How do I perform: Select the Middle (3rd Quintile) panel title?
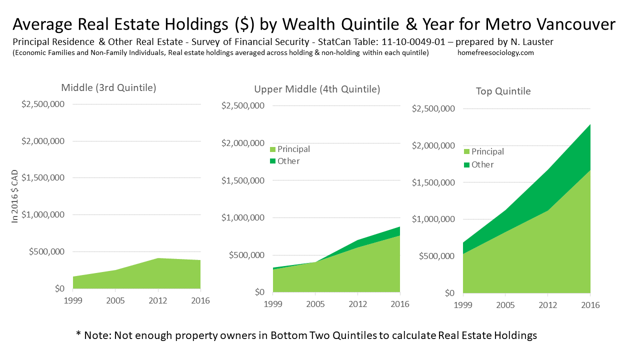[x=108, y=87]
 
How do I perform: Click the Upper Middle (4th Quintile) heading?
[x=317, y=89]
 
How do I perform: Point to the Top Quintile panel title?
[x=503, y=91]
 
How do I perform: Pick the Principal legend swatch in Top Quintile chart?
[x=466, y=151]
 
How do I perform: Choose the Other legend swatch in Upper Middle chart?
[x=272, y=161]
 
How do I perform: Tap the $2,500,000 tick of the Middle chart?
[x=43, y=104]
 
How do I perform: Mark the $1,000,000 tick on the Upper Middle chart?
[x=243, y=218]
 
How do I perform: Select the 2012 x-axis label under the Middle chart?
[x=158, y=300]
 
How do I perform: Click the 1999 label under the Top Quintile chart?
[x=463, y=304]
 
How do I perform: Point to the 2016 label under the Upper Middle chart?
[x=400, y=304]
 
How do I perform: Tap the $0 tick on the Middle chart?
[x=59, y=288]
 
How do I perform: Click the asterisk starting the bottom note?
[x=78, y=334]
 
